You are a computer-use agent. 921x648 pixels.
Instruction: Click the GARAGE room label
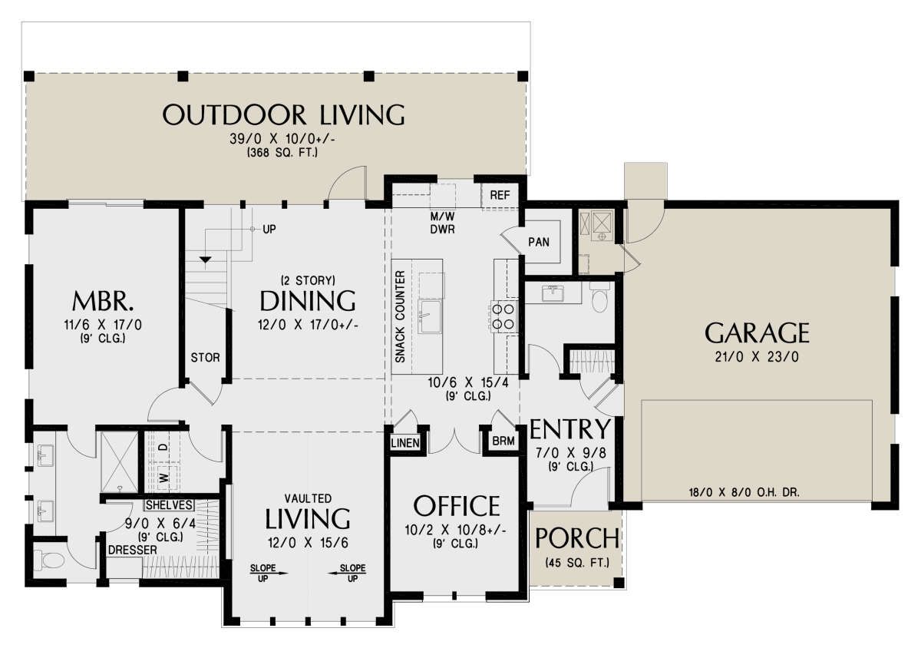click(x=757, y=333)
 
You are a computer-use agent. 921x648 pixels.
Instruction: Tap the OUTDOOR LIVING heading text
click(x=284, y=115)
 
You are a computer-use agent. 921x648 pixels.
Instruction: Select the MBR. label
click(x=103, y=301)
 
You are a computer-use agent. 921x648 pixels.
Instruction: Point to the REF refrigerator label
click(x=500, y=195)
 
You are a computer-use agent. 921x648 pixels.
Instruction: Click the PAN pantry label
click(x=539, y=242)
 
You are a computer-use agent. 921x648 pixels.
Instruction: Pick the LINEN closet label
click(x=405, y=443)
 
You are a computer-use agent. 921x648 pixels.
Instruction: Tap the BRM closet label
click(x=503, y=441)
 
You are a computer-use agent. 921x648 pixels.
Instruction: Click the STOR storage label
click(x=205, y=358)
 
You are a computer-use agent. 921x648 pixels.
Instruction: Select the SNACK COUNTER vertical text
click(x=400, y=317)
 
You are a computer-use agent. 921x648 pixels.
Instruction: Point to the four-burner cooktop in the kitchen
click(x=503, y=316)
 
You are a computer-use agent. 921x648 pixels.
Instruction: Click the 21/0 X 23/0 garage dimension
click(x=757, y=357)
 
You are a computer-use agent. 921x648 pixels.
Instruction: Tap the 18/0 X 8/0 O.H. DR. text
click(x=744, y=492)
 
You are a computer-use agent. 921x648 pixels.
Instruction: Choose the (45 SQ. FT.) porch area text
click(x=577, y=563)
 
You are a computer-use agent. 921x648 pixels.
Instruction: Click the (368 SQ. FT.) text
click(x=282, y=153)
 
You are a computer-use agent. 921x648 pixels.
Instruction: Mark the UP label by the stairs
click(x=269, y=229)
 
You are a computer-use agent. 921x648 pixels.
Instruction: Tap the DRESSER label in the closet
click(x=132, y=550)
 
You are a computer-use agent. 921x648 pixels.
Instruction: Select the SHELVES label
click(x=169, y=505)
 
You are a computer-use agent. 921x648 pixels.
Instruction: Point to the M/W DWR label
click(x=442, y=223)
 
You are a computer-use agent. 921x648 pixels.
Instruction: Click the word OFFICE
click(x=457, y=506)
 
